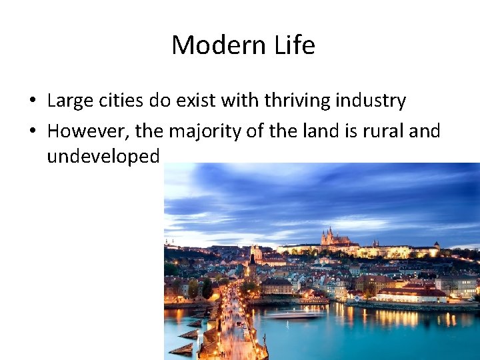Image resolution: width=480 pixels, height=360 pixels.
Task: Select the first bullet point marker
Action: (32, 101)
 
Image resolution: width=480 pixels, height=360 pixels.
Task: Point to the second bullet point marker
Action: (32, 131)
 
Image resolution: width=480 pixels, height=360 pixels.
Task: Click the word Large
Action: (69, 101)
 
